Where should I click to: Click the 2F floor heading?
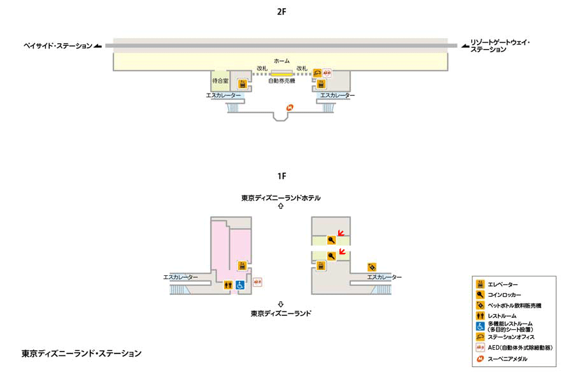(x=281, y=12)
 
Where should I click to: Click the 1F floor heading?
(x=281, y=176)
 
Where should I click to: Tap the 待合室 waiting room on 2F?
(x=220, y=81)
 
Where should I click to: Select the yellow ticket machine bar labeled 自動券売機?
(x=281, y=74)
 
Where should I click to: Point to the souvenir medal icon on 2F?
(x=290, y=107)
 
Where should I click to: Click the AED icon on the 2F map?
(x=327, y=73)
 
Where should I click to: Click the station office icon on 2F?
(x=317, y=73)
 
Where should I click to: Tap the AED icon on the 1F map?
(x=257, y=282)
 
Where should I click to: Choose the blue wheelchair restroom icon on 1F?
(x=239, y=285)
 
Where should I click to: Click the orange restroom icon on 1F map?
(x=228, y=285)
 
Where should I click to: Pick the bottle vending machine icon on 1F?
(x=372, y=267)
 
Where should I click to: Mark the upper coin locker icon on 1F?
(x=331, y=240)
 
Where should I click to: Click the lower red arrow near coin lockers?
(x=342, y=252)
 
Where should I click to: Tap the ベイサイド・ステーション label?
(x=58, y=46)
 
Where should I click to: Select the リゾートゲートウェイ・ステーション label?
(x=500, y=46)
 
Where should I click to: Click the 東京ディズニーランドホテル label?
(x=281, y=198)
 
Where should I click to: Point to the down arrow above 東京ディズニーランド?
(x=281, y=304)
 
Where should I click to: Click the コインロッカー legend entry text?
(x=504, y=295)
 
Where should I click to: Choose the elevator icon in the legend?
(x=480, y=284)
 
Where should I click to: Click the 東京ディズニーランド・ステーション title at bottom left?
(x=82, y=354)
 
